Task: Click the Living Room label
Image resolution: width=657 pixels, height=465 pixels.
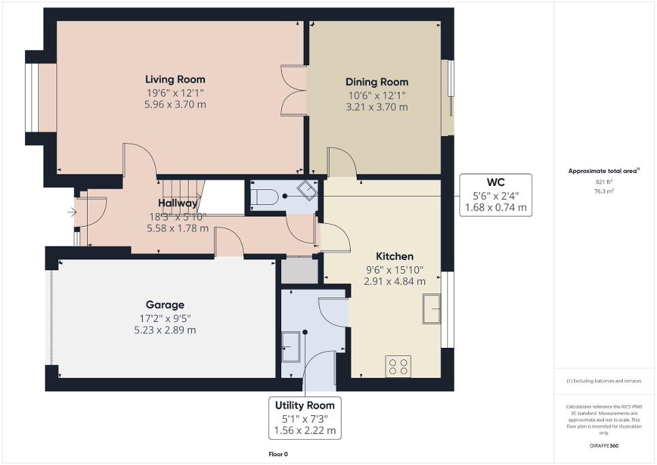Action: (175, 80)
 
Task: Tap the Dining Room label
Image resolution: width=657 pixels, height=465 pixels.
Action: (376, 82)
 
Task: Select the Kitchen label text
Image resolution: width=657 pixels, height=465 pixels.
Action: (395, 256)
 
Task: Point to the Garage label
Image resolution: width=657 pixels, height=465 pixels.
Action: (165, 305)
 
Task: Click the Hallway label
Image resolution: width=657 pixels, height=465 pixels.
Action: (178, 203)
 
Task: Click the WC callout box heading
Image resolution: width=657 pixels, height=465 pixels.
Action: (496, 183)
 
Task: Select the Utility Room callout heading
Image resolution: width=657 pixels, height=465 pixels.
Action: (305, 405)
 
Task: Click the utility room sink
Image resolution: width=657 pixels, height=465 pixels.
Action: (290, 346)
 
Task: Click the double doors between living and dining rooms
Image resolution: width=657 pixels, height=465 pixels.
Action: (294, 91)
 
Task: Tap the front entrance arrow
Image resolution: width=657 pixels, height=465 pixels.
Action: (72, 212)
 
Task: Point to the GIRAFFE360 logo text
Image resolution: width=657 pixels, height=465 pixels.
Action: (605, 446)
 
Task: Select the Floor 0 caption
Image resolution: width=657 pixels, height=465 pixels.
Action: (278, 453)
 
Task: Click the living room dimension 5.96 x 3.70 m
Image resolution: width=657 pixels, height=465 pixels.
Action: (175, 104)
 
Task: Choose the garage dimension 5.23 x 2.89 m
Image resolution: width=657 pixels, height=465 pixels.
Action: (165, 330)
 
